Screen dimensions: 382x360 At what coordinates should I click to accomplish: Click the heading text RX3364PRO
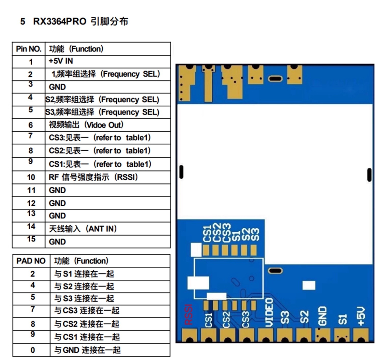pos(60,21)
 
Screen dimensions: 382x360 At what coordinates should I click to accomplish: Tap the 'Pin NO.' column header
pos(29,49)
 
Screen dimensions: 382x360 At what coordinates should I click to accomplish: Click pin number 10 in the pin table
pos(31,177)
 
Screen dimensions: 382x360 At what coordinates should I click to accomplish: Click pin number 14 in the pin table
pos(31,227)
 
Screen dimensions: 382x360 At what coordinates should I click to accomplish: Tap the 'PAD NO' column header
pos(31,261)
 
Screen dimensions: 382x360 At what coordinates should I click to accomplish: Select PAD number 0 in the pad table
pos(33,350)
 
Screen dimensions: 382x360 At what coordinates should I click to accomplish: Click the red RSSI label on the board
pos(188,315)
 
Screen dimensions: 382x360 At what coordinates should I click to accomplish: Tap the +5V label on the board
pos(361,316)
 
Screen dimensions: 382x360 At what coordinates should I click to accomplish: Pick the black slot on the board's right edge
pos(369,175)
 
